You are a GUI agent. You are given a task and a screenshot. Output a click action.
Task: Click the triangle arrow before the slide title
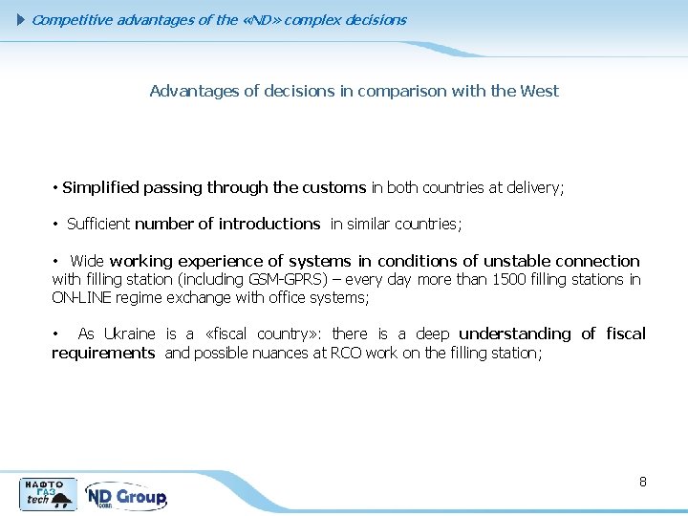[x=23, y=20]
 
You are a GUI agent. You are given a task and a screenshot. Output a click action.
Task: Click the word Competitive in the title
[x=72, y=20]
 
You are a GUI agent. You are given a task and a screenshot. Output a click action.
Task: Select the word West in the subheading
[x=540, y=92]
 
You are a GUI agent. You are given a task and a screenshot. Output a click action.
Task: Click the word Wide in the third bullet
[x=87, y=261]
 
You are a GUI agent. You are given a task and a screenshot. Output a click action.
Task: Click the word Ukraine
[x=129, y=334]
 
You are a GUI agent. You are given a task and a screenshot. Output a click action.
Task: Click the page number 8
[x=643, y=482]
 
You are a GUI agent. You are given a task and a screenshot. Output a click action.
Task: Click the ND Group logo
[x=126, y=496]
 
